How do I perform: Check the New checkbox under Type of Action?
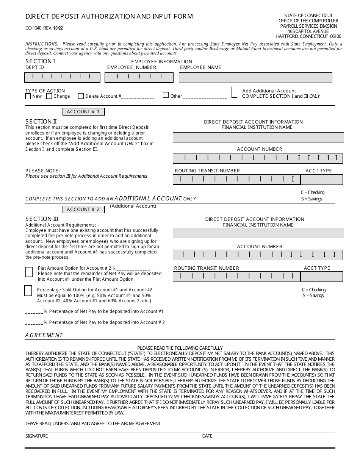[x=28, y=96]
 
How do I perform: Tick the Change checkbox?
[x=49, y=96]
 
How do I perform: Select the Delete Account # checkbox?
[x=81, y=96]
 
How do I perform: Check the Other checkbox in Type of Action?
[x=166, y=95]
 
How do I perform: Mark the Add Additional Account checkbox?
[x=235, y=92]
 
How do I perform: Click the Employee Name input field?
[x=255, y=78]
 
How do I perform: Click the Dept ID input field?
[x=63, y=78]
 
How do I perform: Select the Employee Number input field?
[x=139, y=78]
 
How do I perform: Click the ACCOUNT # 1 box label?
[x=83, y=112]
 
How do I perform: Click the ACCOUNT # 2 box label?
[x=83, y=210]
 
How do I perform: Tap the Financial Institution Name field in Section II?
[x=258, y=137]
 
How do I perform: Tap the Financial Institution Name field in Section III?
[x=258, y=233]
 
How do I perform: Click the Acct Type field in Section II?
[x=321, y=180]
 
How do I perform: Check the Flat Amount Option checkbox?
[x=29, y=272]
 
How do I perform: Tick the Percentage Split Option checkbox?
[x=28, y=291]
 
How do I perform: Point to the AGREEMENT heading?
[x=44, y=335]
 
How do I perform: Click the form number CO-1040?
[x=33, y=28]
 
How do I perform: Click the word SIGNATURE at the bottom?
[x=37, y=436]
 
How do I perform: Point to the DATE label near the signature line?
[x=207, y=436]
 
